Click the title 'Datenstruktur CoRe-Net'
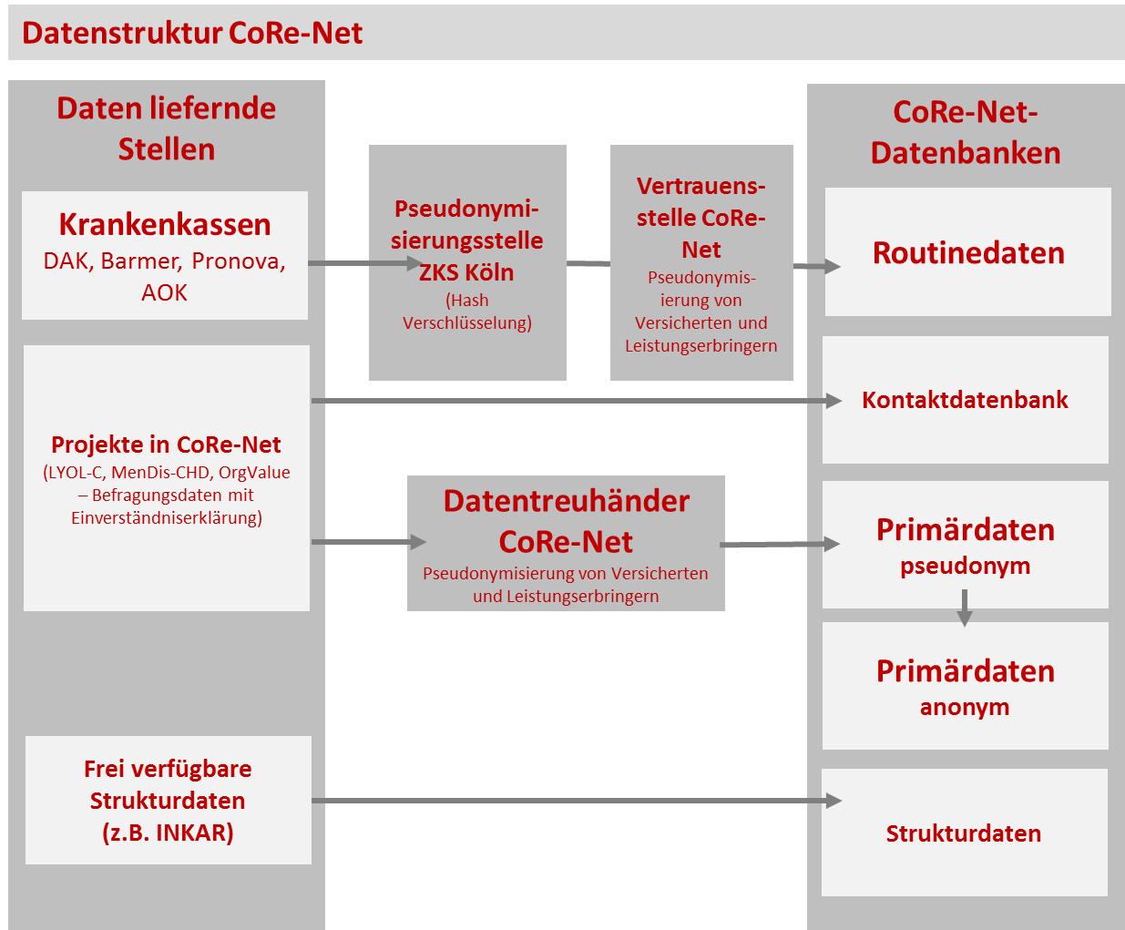[x=192, y=33]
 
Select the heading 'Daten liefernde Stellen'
[x=166, y=128]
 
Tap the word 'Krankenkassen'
[x=165, y=224]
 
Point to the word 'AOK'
[x=164, y=292]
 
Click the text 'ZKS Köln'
[x=466, y=272]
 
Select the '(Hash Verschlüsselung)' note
[x=467, y=312]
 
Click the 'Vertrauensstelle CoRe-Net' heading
[x=701, y=218]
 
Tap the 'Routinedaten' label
[x=968, y=252]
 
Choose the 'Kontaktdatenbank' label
[x=965, y=400]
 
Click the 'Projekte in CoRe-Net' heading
[x=166, y=445]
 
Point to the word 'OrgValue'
[x=254, y=473]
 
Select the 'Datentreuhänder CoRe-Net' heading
[x=567, y=521]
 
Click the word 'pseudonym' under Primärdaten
[x=965, y=567]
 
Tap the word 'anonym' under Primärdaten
[x=965, y=708]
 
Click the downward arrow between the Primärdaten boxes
[x=965, y=608]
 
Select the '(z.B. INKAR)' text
[x=169, y=833]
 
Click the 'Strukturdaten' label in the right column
[x=964, y=833]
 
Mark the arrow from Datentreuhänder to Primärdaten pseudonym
[x=780, y=544]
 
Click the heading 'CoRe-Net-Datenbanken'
[x=966, y=132]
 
